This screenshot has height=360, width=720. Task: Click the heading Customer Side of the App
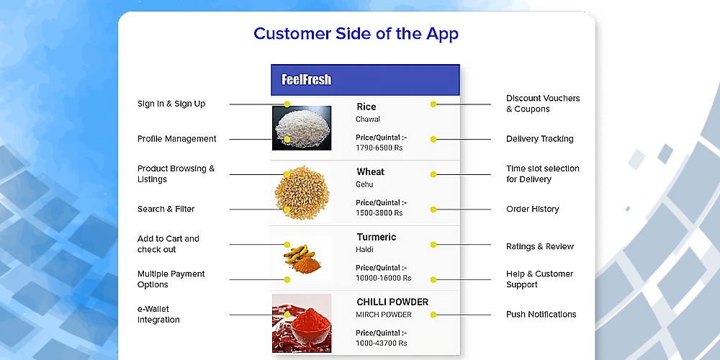[356, 34]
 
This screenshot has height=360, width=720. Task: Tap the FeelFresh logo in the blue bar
[306, 80]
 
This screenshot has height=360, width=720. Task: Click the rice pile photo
[302, 128]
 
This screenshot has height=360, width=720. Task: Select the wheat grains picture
[302, 193]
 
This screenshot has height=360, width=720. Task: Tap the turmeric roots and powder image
[302, 258]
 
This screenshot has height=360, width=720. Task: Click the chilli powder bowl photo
[302, 323]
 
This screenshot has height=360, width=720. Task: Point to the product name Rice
[366, 107]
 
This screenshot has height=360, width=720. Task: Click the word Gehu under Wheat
[364, 184]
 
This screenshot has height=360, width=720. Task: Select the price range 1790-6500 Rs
[379, 148]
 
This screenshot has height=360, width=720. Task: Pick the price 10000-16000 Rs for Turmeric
[384, 278]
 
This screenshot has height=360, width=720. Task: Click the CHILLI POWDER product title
[392, 302]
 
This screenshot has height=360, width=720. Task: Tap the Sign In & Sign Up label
[171, 104]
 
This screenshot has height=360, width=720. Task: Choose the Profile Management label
[177, 139]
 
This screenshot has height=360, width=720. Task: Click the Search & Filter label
[166, 209]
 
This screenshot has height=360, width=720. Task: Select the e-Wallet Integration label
[158, 315]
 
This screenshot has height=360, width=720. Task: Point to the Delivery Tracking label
[540, 139]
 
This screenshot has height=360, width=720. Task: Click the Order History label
[533, 209]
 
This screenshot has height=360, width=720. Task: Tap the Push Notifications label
[541, 315]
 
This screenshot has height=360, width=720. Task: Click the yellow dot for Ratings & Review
[433, 245]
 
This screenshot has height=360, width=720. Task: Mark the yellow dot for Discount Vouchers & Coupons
[433, 104]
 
